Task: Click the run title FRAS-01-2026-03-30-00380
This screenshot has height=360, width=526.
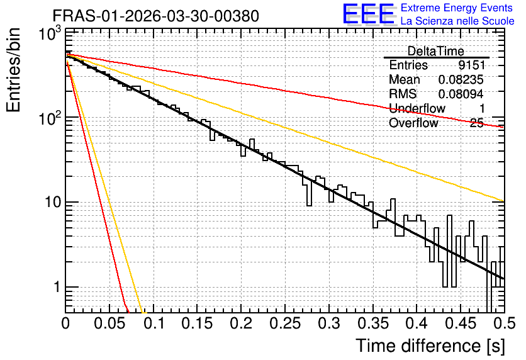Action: [x=155, y=16]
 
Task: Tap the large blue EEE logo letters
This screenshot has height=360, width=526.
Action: [x=368, y=14]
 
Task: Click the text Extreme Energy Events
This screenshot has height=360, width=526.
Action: [x=457, y=8]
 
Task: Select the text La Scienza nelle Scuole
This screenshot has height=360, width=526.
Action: [x=457, y=21]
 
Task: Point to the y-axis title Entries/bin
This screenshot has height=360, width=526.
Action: [x=14, y=70]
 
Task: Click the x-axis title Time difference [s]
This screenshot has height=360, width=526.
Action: [x=430, y=346]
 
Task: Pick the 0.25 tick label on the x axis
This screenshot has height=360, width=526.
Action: [x=285, y=323]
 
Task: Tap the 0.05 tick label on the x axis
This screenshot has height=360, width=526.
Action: [x=109, y=323]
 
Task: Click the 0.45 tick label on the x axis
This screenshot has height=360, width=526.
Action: [x=461, y=323]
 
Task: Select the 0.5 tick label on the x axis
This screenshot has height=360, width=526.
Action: [x=504, y=323]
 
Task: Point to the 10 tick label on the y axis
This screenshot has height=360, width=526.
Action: [x=52, y=202]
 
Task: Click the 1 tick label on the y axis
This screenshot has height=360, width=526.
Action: [x=57, y=288]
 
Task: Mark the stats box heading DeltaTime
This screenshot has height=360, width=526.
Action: [x=436, y=51]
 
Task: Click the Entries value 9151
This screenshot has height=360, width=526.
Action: [x=472, y=65]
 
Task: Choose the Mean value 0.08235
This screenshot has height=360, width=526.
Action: [x=461, y=79]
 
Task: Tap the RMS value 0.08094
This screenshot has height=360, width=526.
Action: [x=461, y=94]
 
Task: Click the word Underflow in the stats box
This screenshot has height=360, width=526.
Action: [x=417, y=108]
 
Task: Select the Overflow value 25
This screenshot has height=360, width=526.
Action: [x=477, y=123]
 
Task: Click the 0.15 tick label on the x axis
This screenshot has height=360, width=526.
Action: [x=198, y=323]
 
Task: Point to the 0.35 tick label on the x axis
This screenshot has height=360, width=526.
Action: [x=373, y=323]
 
